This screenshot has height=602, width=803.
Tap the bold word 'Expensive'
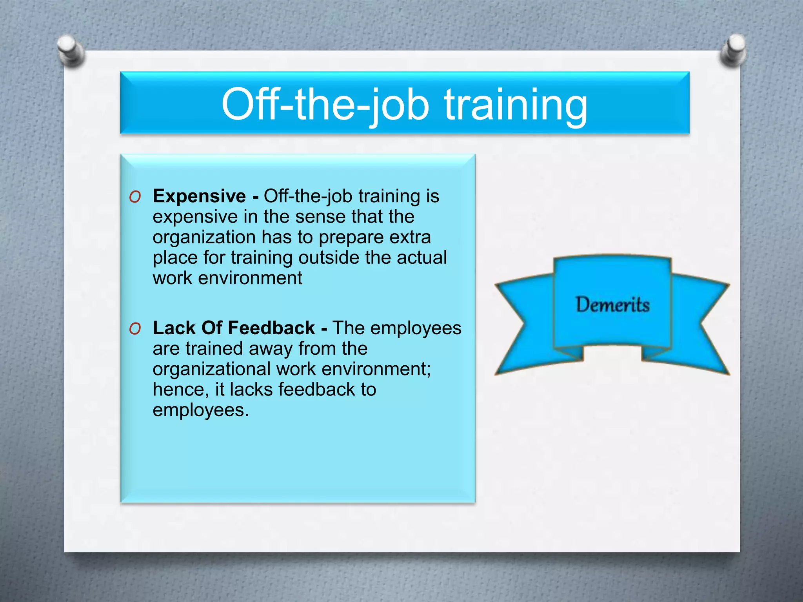pos(199,196)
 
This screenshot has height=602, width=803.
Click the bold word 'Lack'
pos(174,328)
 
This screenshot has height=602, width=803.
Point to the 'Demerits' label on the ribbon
pos(612,305)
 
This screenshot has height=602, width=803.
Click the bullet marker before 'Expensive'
pos(135,197)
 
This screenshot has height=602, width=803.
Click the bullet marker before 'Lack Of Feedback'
pos(135,329)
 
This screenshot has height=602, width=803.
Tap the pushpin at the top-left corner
pos(71,50)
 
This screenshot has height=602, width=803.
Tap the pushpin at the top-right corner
pos(733,50)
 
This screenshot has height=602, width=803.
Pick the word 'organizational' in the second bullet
pos(212,369)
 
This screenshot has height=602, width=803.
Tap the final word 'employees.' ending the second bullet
pos(201,410)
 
